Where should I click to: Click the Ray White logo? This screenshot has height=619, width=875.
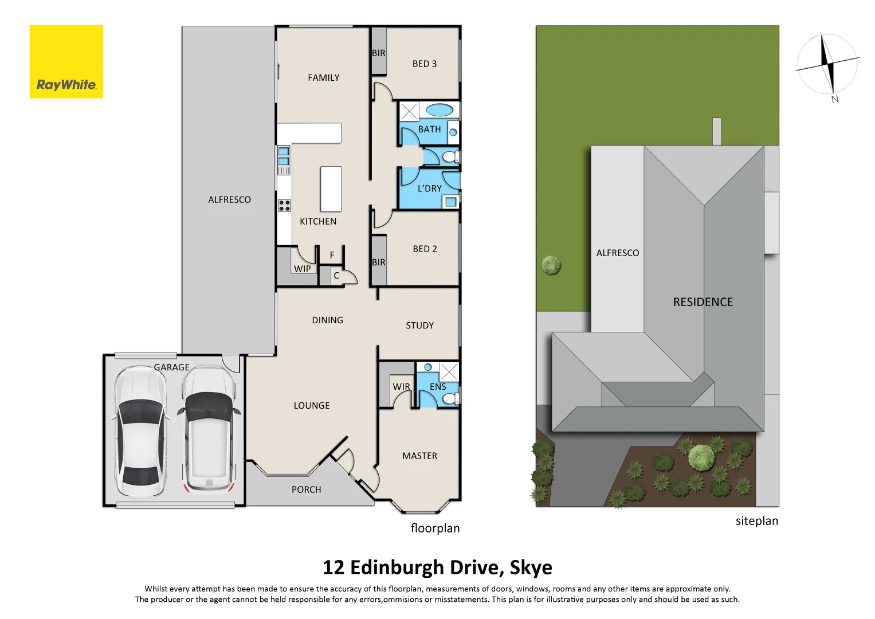pos(66,62)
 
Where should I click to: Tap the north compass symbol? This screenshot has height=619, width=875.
pos(827,64)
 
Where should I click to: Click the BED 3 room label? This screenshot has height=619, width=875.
pos(424,64)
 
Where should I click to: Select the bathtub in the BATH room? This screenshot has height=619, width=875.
pos(440,109)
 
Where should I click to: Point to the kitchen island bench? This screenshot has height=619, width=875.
pos(331,189)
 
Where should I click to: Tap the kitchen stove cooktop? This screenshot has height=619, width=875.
pos(284,205)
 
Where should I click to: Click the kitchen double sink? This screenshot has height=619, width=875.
pos(284,156)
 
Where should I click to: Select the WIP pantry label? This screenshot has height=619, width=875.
pos(302,269)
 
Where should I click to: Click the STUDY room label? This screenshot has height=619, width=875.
pos(419,326)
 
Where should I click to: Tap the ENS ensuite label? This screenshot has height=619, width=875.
pos(438,387)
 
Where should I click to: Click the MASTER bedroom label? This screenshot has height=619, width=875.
pos(419,456)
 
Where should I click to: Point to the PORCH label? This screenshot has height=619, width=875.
pos(306,489)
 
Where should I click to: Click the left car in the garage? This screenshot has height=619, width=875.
pos(140,431)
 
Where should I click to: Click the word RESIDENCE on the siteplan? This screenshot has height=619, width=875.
pos(703,302)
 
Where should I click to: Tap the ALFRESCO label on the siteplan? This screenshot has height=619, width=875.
pos(617,253)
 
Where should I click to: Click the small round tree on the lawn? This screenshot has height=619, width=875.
pos(551,265)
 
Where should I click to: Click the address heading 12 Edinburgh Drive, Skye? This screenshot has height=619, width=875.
pos(437,567)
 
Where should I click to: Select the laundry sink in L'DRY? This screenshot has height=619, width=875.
pos(450,202)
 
